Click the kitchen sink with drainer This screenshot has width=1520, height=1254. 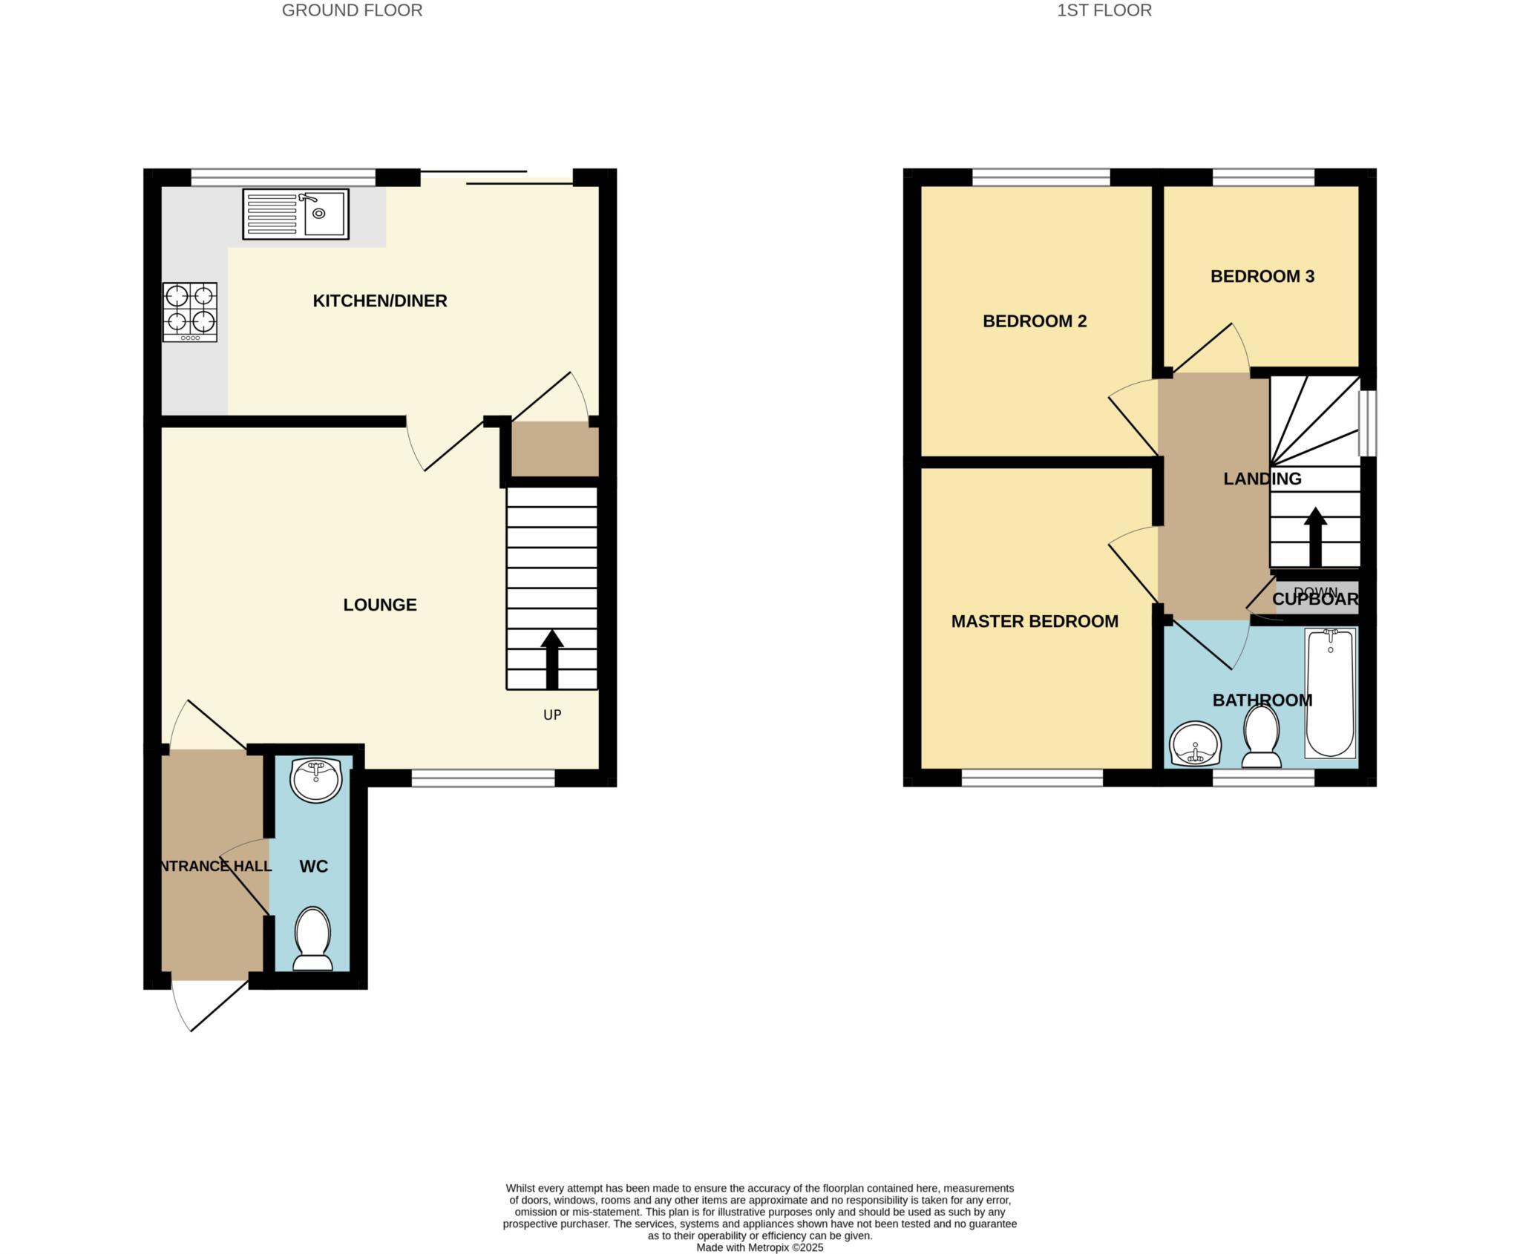coord(295,214)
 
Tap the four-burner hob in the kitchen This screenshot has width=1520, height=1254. coord(190,312)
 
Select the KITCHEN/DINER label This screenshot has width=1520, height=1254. coord(379,301)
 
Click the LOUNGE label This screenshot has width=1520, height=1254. coord(379,605)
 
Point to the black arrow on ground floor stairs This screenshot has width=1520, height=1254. coord(551,659)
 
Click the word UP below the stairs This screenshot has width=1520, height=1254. coord(551,715)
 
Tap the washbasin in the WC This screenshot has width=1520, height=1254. coord(316,780)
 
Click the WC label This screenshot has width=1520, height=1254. coord(313,866)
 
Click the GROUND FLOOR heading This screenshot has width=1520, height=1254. coord(352,10)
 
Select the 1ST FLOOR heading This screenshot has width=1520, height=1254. coord(1104,10)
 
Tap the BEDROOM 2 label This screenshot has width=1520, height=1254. coord(1034,321)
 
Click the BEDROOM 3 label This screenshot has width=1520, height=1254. coord(1262,277)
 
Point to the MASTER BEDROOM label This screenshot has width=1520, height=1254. coord(1034,621)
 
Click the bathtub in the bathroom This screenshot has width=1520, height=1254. coord(1330,692)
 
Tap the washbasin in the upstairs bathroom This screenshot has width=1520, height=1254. coord(1195,743)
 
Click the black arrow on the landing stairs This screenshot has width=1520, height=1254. coord(1315,536)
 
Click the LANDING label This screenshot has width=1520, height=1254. coord(1262,479)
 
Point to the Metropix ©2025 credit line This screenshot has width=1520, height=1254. coord(759,1247)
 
